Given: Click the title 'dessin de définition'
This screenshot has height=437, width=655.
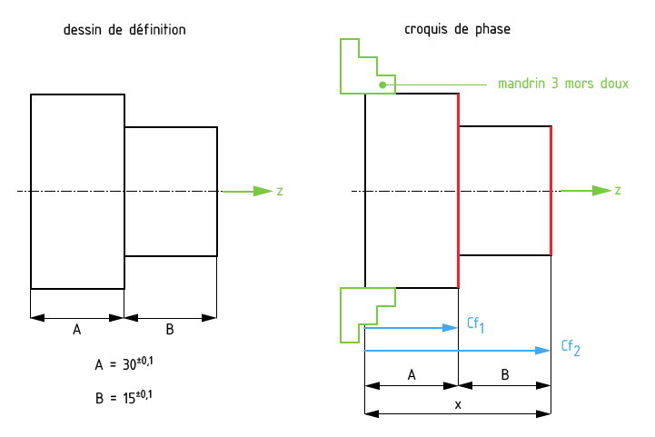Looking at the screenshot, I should (124, 30).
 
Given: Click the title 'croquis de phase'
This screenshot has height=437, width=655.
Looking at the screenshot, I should (457, 30).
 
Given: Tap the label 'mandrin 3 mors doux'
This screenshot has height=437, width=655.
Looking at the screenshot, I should (563, 84).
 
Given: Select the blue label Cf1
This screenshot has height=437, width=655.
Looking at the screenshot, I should (475, 324).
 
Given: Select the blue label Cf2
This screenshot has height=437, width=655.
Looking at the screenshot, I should (570, 347).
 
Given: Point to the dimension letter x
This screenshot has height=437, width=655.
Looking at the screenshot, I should (458, 404).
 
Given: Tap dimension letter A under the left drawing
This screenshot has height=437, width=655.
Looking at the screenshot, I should (76, 330).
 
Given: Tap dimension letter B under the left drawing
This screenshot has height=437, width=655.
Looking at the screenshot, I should (170, 330).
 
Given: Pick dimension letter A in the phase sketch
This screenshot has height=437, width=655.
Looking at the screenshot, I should (412, 374).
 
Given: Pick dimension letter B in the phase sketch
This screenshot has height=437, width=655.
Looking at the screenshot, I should (505, 374).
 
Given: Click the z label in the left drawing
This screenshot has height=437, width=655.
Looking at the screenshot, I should (280, 191).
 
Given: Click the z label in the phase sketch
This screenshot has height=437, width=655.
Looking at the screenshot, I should (618, 191).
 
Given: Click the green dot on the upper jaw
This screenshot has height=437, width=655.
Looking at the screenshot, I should (382, 84).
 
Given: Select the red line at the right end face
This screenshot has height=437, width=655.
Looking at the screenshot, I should (551, 191).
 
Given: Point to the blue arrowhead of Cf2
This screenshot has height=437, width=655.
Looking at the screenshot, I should (543, 350).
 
